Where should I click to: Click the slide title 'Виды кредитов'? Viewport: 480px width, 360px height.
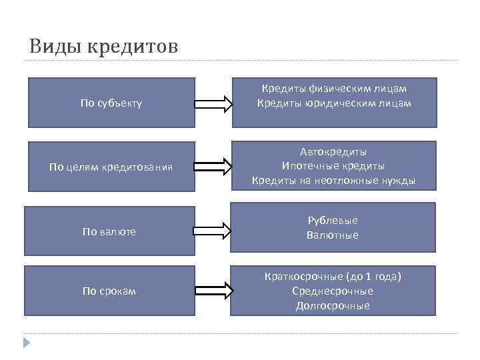(x=103, y=47)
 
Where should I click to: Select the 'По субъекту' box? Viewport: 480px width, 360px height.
(x=111, y=103)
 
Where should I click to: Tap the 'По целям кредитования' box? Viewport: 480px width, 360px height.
(x=111, y=167)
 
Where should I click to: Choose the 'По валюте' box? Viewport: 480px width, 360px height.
(x=109, y=231)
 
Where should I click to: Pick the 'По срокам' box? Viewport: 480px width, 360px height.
(x=109, y=291)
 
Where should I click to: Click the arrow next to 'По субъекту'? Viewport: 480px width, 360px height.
(x=213, y=104)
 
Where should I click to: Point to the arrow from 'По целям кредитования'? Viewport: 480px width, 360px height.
(x=213, y=167)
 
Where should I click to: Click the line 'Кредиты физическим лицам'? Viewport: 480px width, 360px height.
(x=334, y=88)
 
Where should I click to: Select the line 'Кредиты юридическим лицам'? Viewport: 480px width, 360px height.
(x=334, y=103)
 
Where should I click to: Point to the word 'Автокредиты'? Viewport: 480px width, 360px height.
(x=333, y=151)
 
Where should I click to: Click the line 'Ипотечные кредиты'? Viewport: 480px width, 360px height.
(x=333, y=166)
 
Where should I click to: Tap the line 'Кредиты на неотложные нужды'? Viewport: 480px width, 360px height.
(x=333, y=181)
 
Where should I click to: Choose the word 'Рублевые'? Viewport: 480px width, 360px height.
(x=333, y=220)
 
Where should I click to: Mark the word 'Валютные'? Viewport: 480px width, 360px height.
(x=333, y=235)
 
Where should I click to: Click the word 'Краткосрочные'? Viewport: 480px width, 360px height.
(x=303, y=276)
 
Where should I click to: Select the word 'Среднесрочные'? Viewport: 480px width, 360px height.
(x=333, y=291)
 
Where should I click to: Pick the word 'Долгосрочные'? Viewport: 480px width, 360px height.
(x=333, y=305)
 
